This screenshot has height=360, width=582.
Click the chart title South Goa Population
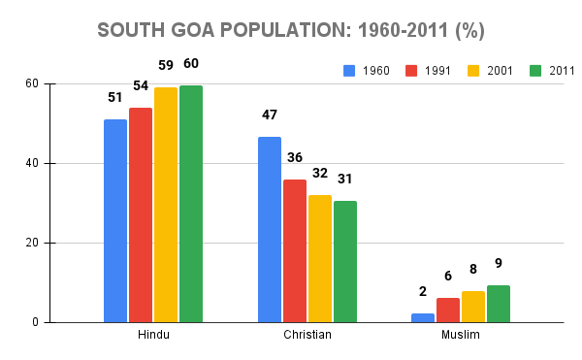(x=291, y=30)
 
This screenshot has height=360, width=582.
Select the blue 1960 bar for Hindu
(x=115, y=221)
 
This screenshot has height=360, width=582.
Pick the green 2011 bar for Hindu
(x=191, y=204)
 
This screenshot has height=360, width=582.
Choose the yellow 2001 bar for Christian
(x=320, y=259)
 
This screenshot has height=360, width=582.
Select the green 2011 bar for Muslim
(x=499, y=304)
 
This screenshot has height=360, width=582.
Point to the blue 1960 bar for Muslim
(x=423, y=317)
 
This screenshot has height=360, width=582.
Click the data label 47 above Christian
(x=270, y=115)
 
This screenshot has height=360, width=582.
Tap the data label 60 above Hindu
(x=191, y=64)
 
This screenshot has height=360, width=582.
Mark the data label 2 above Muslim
(x=423, y=292)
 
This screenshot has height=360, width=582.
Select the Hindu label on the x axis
(x=153, y=336)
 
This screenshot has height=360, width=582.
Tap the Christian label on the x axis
(x=307, y=336)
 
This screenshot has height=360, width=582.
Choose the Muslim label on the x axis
(x=461, y=336)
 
